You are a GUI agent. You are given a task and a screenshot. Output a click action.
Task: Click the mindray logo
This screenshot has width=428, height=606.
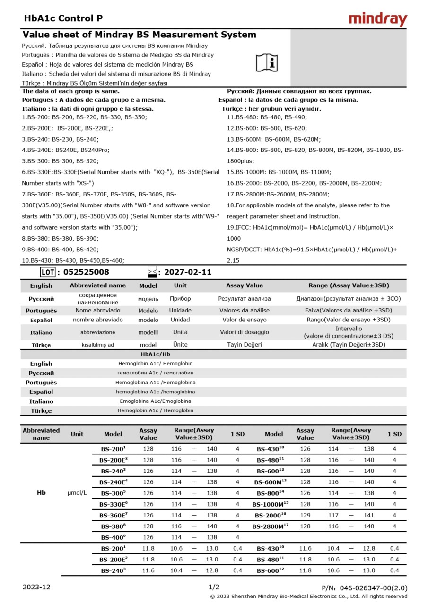tap(377, 19)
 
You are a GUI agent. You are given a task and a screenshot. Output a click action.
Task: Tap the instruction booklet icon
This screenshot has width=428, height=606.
tap(267, 62)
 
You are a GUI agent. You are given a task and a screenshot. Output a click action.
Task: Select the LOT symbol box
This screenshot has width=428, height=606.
tap(47, 272)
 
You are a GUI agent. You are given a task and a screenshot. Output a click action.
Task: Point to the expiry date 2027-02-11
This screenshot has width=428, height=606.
tap(188, 272)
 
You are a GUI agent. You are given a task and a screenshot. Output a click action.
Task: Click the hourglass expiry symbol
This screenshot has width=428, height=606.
tap(152, 272)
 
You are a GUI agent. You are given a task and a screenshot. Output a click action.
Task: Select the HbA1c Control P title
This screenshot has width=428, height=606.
tap(63, 18)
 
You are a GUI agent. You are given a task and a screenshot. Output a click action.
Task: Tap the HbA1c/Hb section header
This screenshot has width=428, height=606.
tap(156, 354)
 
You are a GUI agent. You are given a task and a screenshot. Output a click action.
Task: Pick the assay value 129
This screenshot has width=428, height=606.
tap(305, 515)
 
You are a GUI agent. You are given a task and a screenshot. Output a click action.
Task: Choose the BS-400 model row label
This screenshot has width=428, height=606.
tap(113, 537)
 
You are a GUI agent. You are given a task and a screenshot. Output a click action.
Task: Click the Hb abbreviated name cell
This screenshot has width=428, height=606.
tap(41, 493)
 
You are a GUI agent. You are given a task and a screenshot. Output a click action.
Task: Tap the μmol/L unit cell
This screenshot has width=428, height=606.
tap(77, 493)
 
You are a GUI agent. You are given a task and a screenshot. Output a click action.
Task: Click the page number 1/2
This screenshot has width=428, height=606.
tap(214, 587)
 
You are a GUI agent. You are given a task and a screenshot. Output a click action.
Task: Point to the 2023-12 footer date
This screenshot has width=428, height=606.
tap(36, 587)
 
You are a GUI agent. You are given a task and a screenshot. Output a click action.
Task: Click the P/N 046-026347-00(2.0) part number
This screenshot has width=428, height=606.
tap(364, 588)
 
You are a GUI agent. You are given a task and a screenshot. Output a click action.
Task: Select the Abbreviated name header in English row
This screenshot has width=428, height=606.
tap(98, 285)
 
